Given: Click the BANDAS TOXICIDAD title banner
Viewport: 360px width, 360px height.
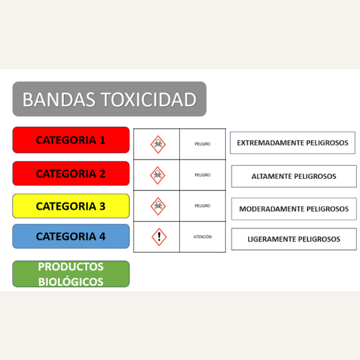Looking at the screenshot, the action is click(109, 99).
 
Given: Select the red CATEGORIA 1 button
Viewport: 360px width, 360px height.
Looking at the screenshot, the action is click(71, 140).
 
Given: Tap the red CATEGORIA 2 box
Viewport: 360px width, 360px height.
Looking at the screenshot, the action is click(71, 173).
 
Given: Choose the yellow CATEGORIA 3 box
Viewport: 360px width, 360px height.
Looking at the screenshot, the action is click(71, 206).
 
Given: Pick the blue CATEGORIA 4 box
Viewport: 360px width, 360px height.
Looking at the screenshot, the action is click(71, 236).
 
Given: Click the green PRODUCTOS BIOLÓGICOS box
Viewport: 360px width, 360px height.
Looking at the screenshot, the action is click(71, 274).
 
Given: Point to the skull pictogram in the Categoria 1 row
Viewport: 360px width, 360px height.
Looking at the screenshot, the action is click(158, 145).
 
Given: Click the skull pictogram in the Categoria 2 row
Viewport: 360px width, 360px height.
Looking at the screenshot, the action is click(158, 176).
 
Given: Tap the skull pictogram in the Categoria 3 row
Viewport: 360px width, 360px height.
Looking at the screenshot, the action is click(158, 206).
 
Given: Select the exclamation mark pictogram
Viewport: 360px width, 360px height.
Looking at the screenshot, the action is click(159, 237).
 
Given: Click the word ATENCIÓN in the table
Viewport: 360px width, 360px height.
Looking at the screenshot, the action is click(202, 236).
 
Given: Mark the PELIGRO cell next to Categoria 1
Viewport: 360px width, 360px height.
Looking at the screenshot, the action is click(202, 144).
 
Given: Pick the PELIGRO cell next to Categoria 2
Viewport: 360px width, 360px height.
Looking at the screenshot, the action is click(202, 175).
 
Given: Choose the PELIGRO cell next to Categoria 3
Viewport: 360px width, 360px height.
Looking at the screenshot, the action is click(202, 205).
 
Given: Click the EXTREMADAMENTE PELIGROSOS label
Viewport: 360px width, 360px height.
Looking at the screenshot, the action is click(293, 143).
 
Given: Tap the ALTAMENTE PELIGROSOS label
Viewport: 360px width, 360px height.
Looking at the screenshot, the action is click(294, 176).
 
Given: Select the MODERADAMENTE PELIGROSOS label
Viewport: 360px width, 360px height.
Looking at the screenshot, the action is click(294, 209).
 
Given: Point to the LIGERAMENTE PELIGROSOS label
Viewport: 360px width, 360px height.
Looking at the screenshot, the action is click(294, 239).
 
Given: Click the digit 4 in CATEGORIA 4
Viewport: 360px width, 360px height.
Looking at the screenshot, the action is click(102, 236).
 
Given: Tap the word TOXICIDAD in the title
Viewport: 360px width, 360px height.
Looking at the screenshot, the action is click(149, 100).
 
